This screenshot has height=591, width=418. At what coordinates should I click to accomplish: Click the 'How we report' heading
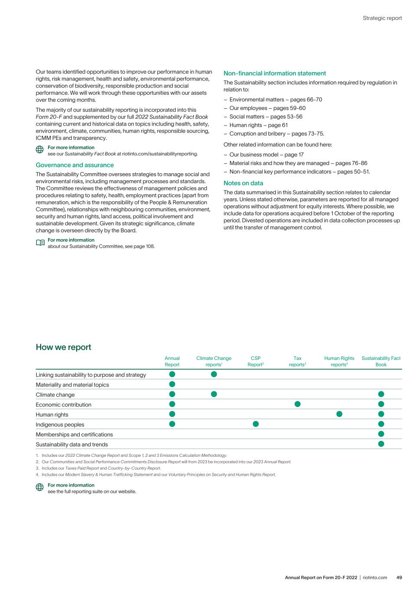tap(63, 347)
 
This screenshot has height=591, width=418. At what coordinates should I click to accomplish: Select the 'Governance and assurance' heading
tap(75, 165)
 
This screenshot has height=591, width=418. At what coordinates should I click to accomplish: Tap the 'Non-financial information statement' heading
tap(275, 73)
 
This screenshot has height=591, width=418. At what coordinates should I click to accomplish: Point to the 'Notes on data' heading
tap(243, 183)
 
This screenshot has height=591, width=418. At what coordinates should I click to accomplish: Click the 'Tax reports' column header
tap(298, 362)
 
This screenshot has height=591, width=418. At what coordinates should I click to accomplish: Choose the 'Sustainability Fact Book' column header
tap(381, 362)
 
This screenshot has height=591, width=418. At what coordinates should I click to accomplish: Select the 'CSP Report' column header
tap(256, 362)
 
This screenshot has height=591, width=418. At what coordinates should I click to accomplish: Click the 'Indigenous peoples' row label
tap(60, 425)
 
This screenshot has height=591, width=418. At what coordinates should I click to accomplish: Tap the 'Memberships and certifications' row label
tap(74, 435)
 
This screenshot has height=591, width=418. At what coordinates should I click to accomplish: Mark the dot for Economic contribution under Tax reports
tap(298, 404)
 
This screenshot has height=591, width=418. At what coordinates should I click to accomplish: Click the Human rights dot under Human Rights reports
tap(339, 414)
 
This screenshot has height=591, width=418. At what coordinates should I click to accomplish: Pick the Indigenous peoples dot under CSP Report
tap(256, 424)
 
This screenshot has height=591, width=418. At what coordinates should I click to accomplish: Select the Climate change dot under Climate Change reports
tap(214, 394)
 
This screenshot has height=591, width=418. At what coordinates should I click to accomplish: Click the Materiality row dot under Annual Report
tap(172, 384)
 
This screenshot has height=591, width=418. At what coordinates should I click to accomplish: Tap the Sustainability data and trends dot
tap(381, 444)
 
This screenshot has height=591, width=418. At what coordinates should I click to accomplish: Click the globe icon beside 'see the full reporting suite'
tap(40, 488)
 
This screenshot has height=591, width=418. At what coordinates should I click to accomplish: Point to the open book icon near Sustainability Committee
tap(40, 243)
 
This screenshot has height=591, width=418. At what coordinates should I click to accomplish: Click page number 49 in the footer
tap(399, 578)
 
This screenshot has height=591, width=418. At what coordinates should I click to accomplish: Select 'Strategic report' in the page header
tap(382, 18)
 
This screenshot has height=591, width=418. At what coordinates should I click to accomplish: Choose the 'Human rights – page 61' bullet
tap(258, 125)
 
